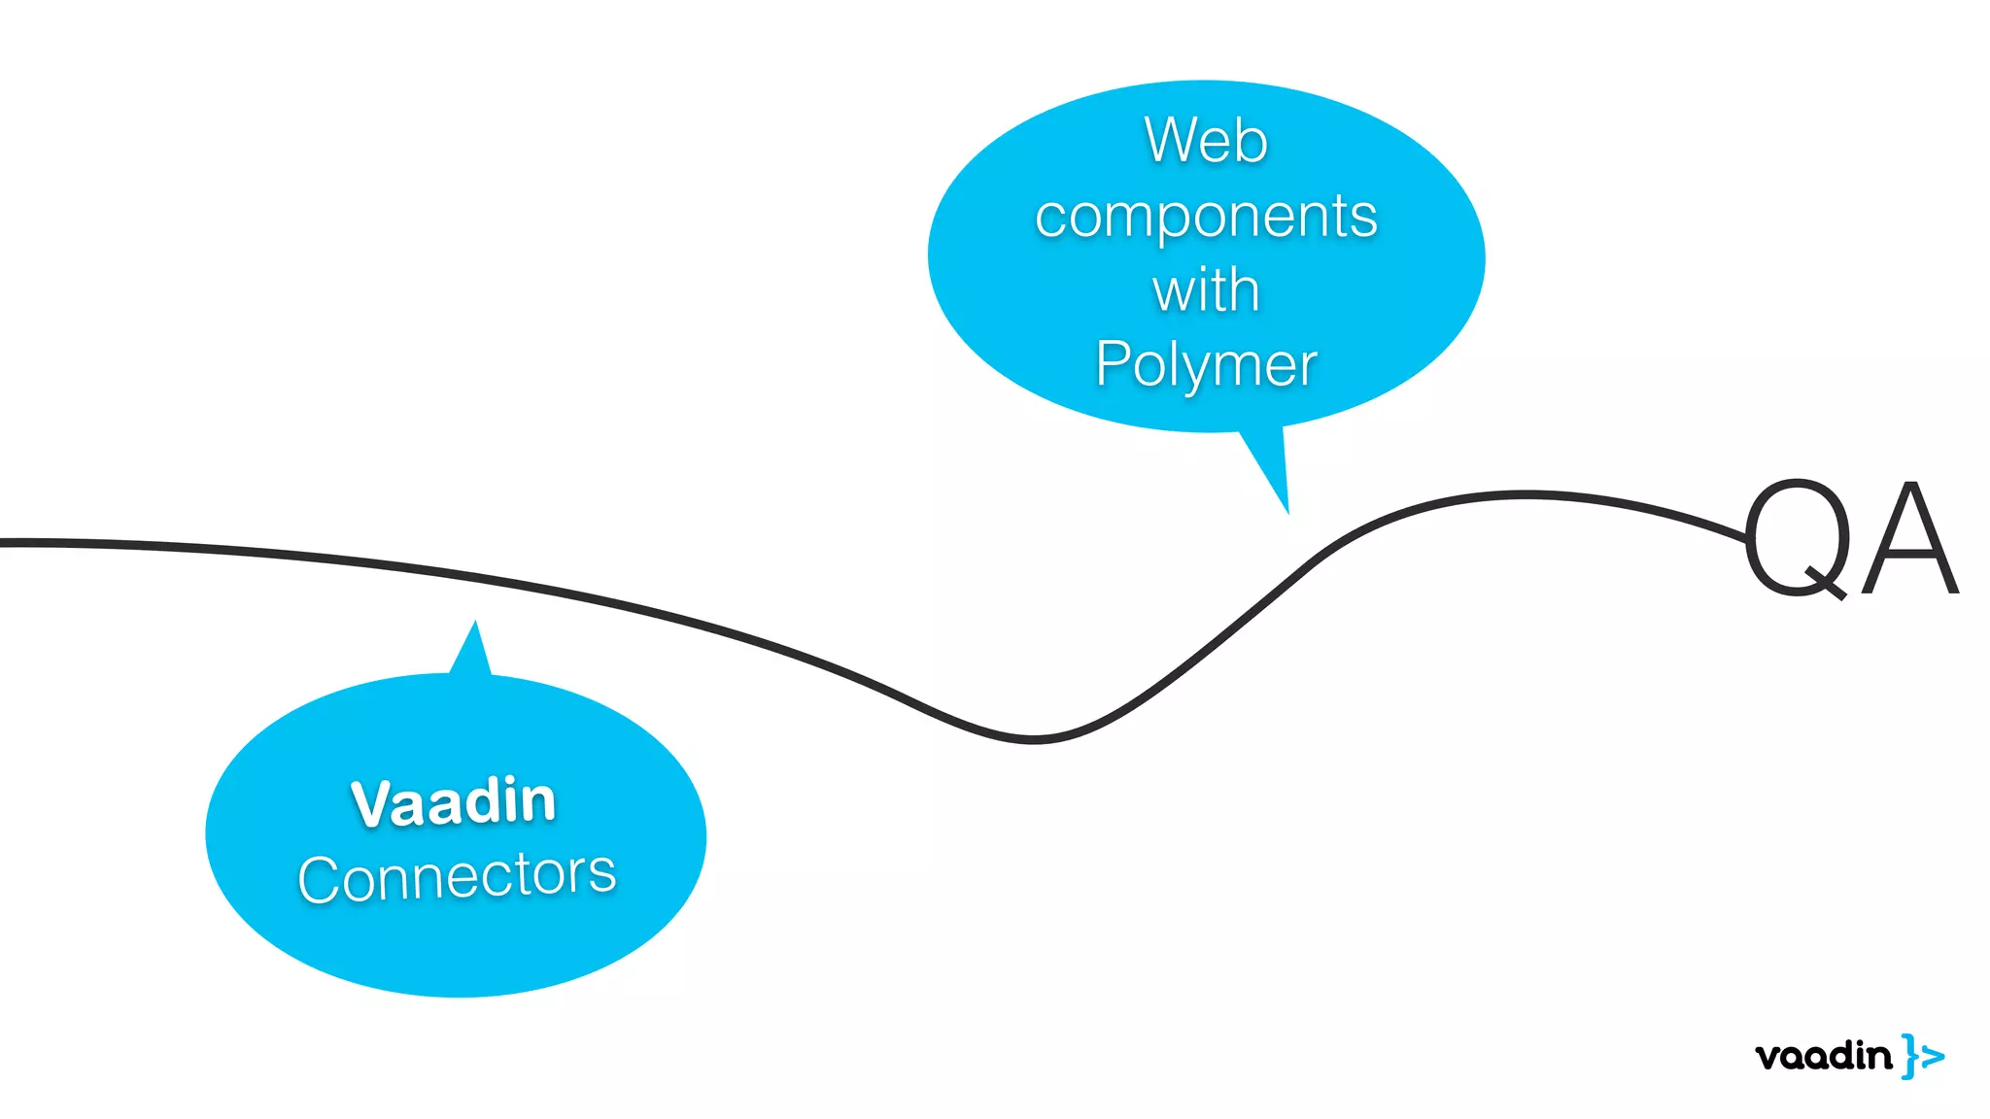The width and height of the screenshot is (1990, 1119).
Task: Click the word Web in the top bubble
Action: [x=1206, y=141]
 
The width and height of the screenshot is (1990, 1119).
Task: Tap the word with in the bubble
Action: [x=1206, y=290]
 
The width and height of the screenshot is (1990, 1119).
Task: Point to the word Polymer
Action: [x=1206, y=365]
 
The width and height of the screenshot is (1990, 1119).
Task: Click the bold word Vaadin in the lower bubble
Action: [x=454, y=802]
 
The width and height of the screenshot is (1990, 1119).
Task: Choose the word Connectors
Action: [x=457, y=876]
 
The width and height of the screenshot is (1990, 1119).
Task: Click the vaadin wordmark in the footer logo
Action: [x=1824, y=1056]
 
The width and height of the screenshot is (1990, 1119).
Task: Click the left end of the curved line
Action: [x=6, y=543]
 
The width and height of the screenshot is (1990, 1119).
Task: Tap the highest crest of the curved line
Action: [x=1526, y=495]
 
